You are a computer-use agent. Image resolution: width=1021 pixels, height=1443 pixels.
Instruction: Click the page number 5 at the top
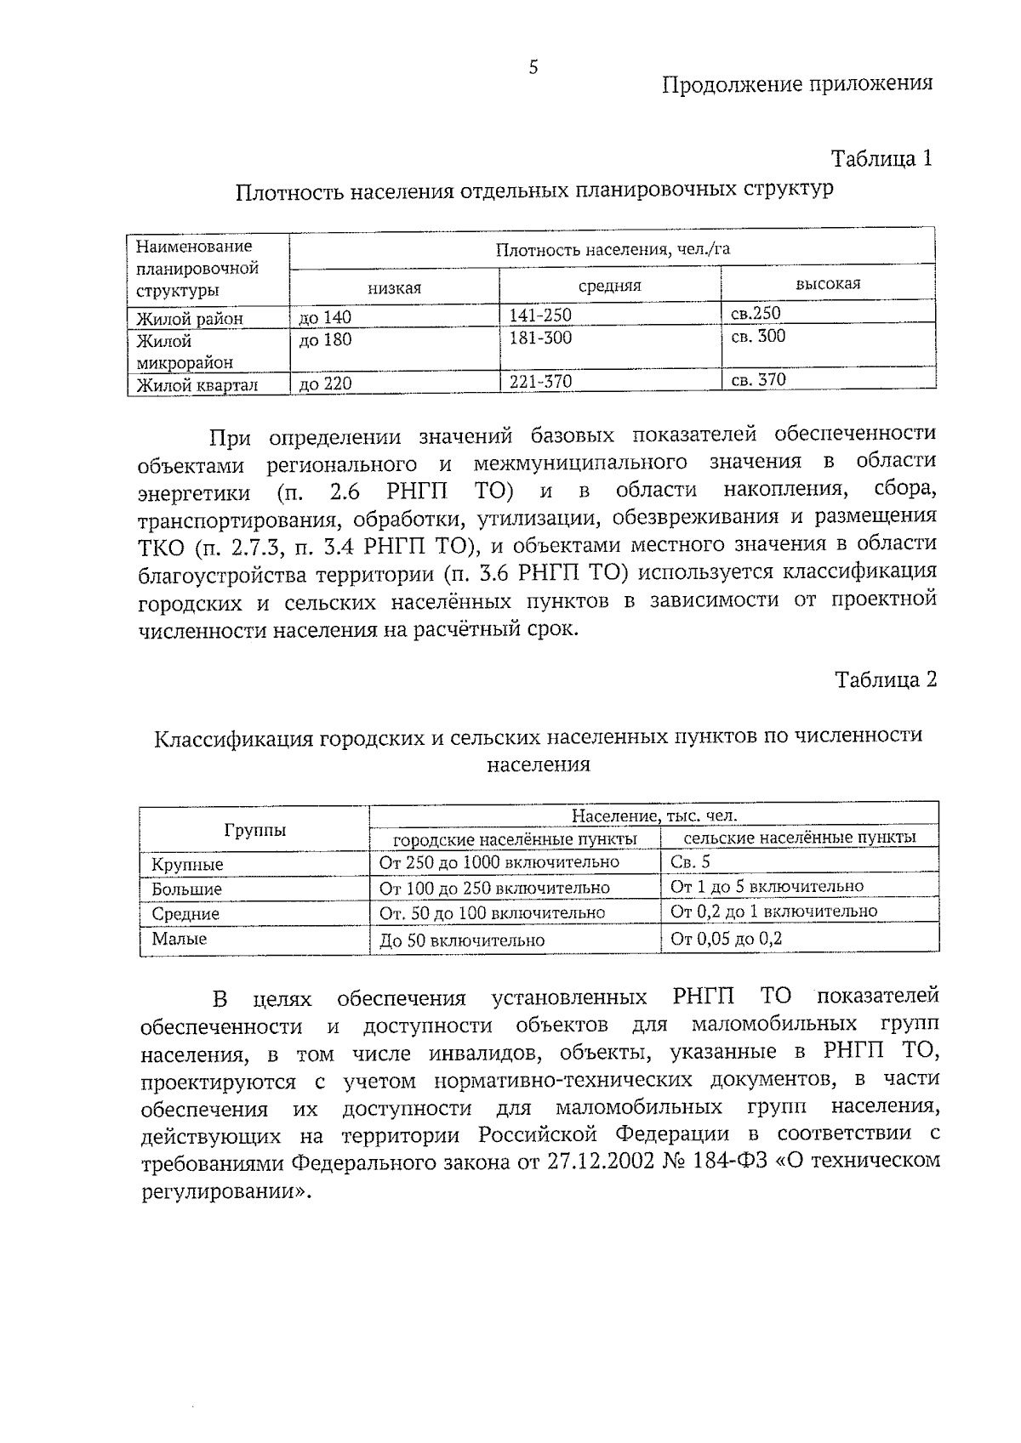point(533,68)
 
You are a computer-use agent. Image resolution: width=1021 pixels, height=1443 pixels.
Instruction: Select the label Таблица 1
point(881,159)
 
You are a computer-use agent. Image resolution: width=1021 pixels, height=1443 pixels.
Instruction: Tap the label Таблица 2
point(885,679)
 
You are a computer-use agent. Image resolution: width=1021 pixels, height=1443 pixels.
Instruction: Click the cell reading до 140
point(325,318)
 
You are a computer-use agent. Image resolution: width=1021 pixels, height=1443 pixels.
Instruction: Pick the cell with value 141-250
point(540,315)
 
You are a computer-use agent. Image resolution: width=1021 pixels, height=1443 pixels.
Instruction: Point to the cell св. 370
point(759,380)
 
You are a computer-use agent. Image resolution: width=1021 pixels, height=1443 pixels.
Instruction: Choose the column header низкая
point(394,288)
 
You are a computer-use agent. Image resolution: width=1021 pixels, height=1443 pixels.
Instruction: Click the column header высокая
point(827,284)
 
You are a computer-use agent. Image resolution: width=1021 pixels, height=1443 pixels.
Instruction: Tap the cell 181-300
point(540,338)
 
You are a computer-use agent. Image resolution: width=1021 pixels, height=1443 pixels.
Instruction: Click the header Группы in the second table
point(254,831)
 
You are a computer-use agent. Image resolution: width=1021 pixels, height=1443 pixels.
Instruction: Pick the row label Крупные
point(187,865)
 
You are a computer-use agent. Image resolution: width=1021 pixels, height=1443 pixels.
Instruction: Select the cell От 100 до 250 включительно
point(494,888)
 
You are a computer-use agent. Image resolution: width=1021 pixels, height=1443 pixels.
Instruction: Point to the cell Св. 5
point(690,862)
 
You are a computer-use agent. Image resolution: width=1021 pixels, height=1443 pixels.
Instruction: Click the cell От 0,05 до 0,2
point(726,939)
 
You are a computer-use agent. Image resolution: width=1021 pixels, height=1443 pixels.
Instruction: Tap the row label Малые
point(179,939)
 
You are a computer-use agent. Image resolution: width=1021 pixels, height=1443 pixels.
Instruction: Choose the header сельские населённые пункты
point(800,838)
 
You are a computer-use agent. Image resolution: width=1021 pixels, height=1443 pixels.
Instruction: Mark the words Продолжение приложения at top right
point(797,83)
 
